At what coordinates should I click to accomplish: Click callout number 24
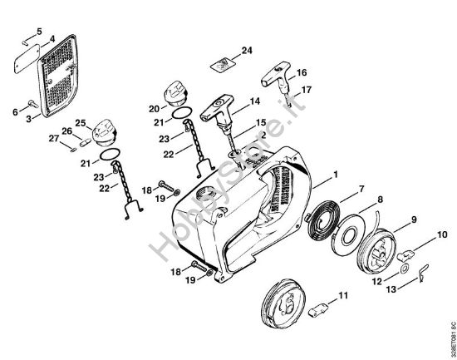point(246,52)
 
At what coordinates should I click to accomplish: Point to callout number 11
point(343,295)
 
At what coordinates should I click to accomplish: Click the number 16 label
point(301,72)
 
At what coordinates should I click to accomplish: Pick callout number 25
point(81,122)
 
